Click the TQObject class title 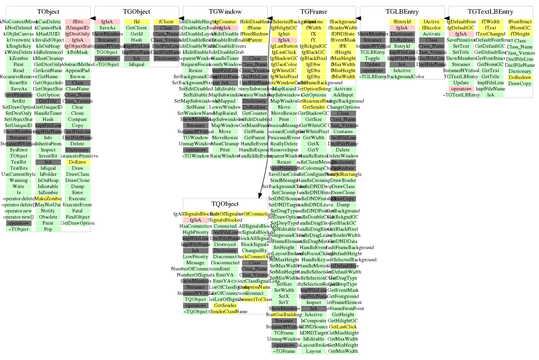[x=225, y=204]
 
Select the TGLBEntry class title [x=402, y=12]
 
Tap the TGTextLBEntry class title [x=491, y=12]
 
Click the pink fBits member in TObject [x=78, y=22]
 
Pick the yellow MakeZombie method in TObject [x=48, y=199]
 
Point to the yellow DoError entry [x=77, y=162]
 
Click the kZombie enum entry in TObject [x=19, y=58]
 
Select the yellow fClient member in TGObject [x=166, y=22]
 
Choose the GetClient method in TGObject [x=137, y=28]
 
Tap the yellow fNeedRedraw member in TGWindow [x=254, y=34]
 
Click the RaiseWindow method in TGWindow [x=225, y=156]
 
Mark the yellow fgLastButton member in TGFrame [x=284, y=46]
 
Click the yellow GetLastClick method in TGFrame [x=343, y=327]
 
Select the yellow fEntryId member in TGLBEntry [x=402, y=22]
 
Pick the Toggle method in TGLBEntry [x=372, y=58]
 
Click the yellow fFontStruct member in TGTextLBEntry [x=520, y=22]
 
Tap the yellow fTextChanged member [x=491, y=34]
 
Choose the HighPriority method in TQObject [x=196, y=232]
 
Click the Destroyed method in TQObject [x=225, y=244]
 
